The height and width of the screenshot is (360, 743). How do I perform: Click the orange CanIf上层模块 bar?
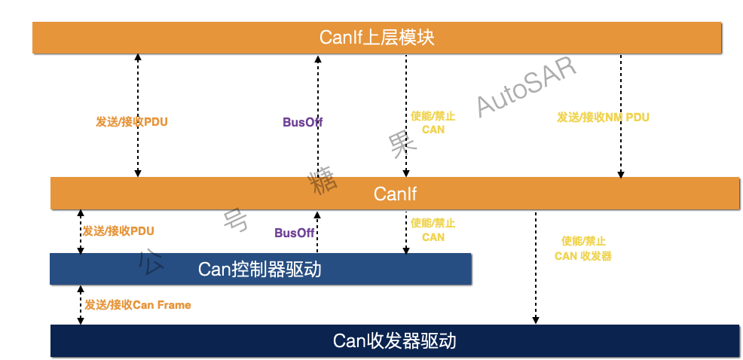tap(377, 38)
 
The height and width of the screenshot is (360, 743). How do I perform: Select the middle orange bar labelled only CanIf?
tap(395, 194)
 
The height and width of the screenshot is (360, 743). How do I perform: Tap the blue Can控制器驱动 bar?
tap(260, 269)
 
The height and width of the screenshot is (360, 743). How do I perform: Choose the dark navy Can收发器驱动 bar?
tap(394, 341)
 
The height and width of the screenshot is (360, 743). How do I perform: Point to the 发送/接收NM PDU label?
tap(603, 117)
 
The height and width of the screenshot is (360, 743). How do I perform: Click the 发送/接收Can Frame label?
tap(137, 305)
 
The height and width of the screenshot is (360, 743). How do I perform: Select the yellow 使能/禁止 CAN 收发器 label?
tap(583, 249)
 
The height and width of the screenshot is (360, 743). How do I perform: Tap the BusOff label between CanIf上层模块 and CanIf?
tap(303, 122)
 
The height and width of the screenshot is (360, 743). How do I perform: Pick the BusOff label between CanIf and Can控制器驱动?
tap(295, 233)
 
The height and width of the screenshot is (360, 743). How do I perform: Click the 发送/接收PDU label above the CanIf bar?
tap(131, 122)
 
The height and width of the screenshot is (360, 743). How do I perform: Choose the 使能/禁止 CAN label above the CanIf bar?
tap(433, 123)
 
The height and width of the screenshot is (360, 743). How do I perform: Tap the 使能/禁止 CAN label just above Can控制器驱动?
tap(433, 230)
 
